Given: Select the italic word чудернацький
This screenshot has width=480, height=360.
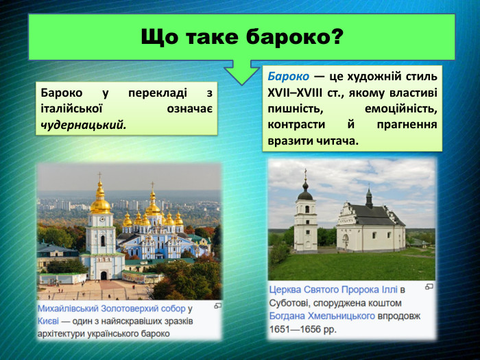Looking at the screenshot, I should (83, 125).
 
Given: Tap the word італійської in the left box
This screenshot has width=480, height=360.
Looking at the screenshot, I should (72, 108).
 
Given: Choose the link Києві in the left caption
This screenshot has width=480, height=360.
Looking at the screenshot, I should (49, 321).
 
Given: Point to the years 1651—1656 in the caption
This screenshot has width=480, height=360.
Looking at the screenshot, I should (300, 328).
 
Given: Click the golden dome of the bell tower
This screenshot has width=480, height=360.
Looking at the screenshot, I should (100, 203).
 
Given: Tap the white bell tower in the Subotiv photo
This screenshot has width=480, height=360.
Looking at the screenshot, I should (305, 219).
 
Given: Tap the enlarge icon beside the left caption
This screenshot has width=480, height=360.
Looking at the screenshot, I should (217, 306).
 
